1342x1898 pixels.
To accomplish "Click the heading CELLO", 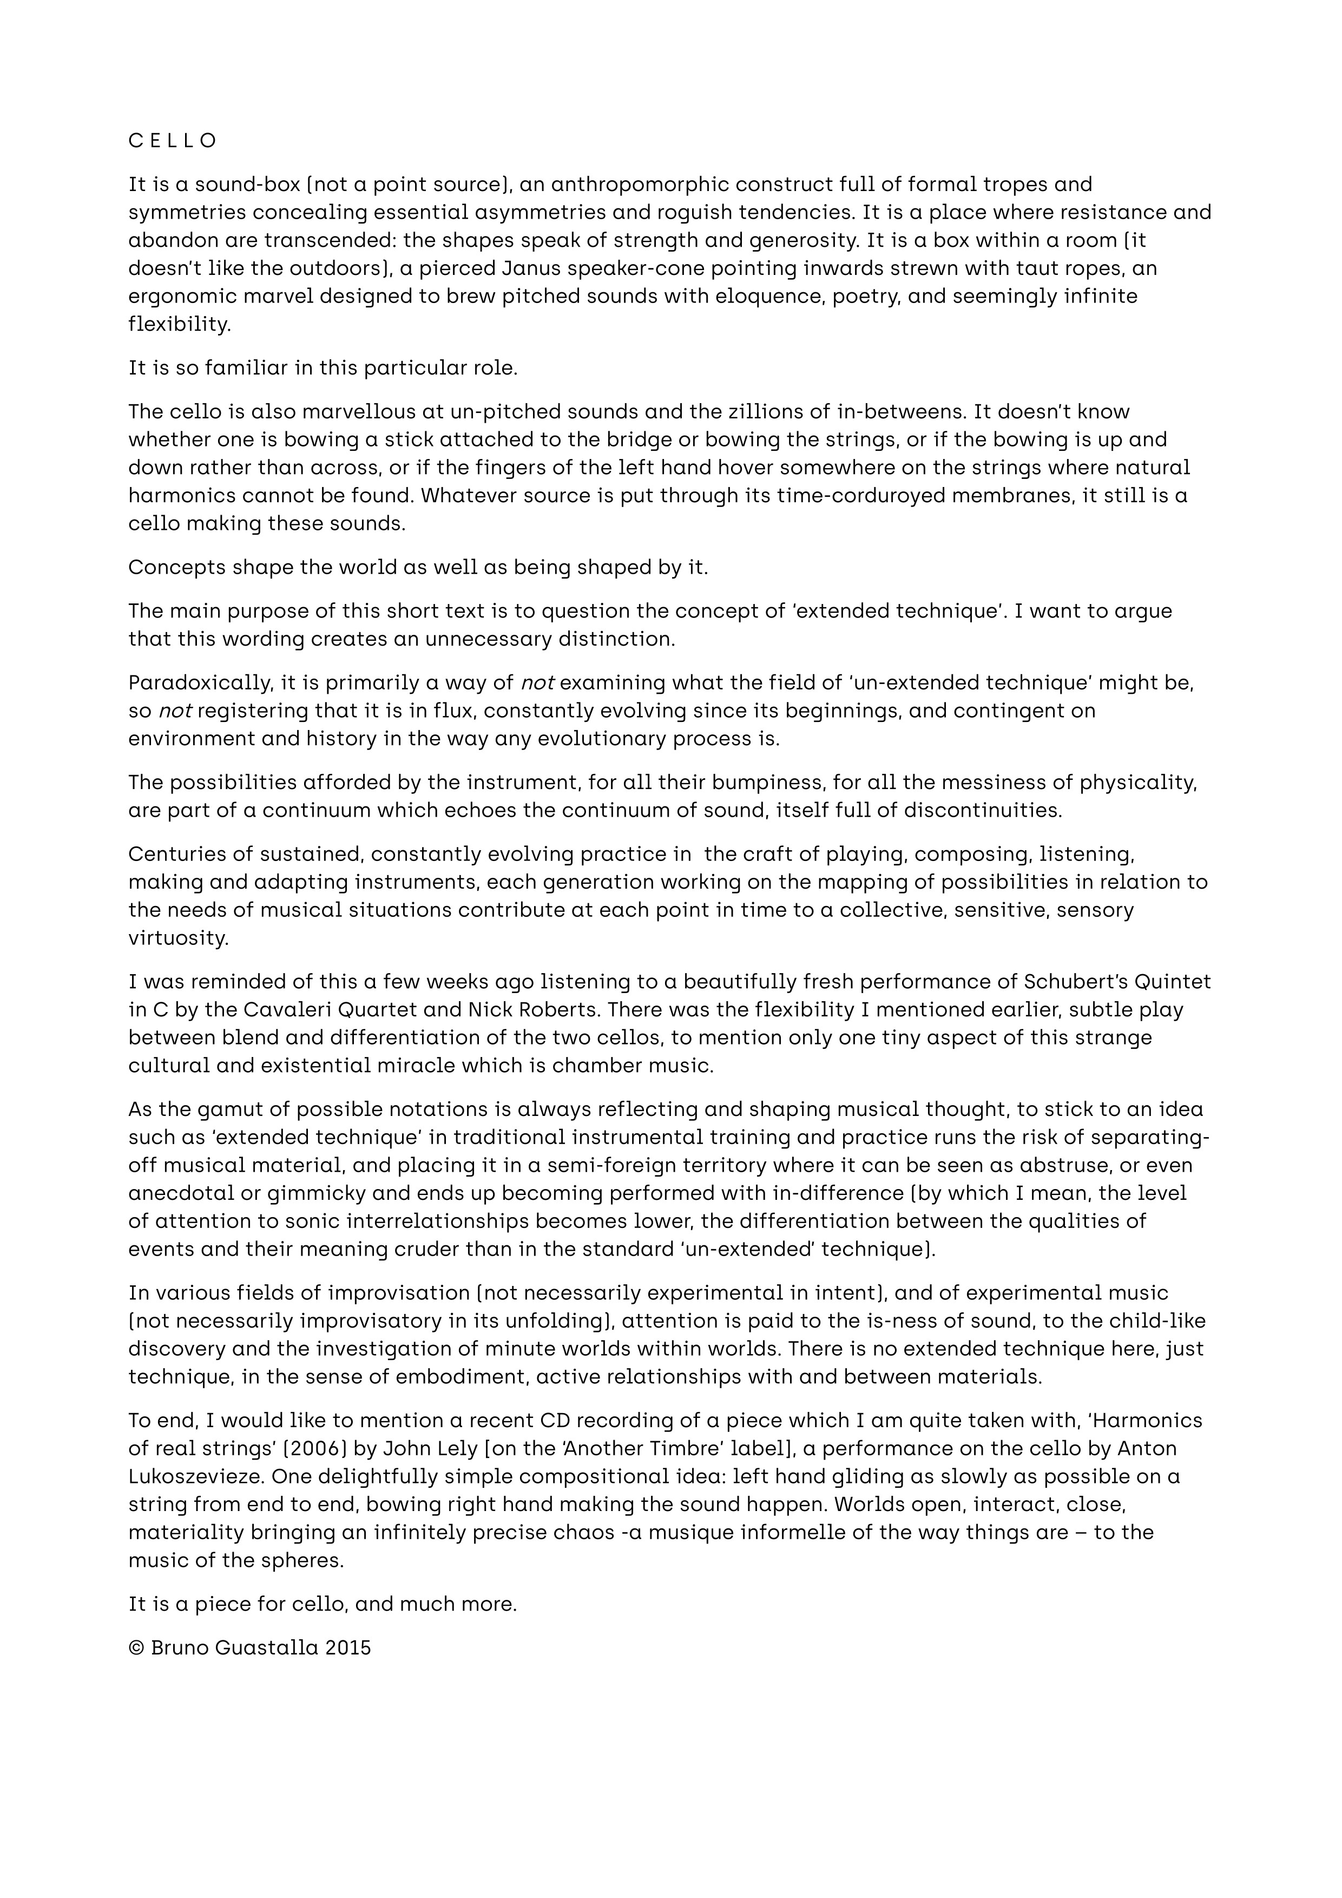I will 173,141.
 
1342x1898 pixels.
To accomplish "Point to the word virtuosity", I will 177,938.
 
